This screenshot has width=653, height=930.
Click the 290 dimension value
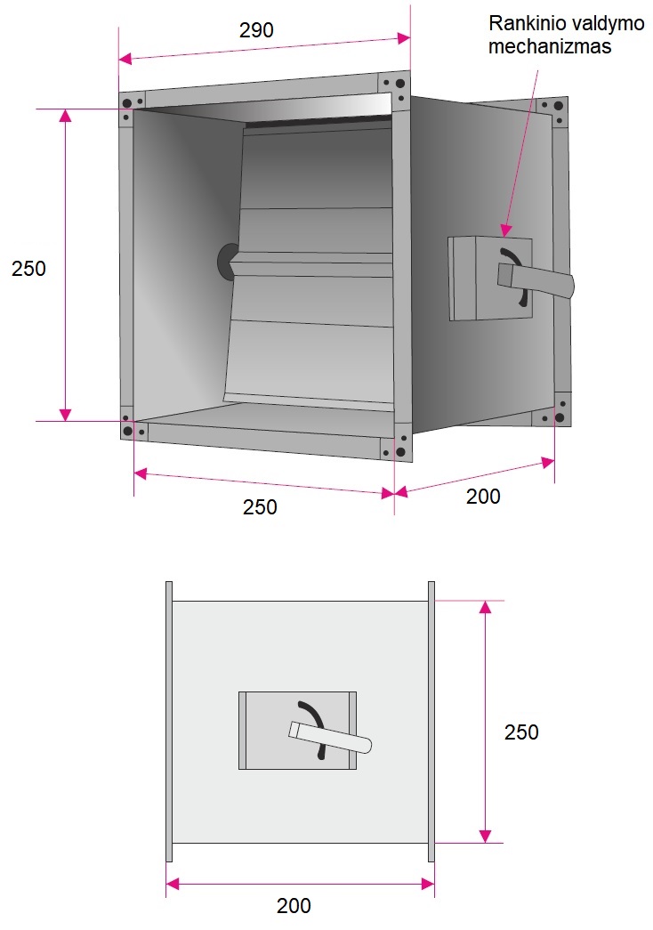click(256, 29)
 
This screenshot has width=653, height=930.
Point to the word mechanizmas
click(550, 46)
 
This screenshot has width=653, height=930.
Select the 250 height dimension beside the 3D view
click(28, 268)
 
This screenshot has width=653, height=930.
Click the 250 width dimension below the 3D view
click(260, 507)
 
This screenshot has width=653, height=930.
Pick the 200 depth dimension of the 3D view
click(483, 497)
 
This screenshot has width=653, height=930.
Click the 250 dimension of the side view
click(521, 732)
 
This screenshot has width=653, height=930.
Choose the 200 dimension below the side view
click(294, 906)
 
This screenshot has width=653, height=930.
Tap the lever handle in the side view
click(330, 737)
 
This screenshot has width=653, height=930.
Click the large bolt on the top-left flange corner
click(127, 103)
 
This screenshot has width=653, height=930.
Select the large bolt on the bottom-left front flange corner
click(127, 431)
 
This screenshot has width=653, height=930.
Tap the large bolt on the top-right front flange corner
click(400, 84)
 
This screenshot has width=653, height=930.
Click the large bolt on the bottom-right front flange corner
click(400, 452)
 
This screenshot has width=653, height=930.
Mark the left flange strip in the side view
click(169, 721)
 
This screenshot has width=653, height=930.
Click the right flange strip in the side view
click(431, 721)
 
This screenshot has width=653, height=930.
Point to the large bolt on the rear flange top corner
click(559, 107)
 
